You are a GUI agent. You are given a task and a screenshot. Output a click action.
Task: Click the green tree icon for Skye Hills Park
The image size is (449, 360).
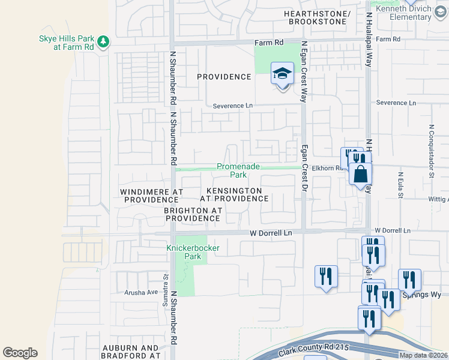pos(104,41)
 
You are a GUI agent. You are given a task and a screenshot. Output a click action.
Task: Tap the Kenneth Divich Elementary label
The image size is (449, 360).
pos(410,13)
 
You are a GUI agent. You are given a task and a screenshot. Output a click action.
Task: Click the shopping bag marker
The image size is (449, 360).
pos(360,175)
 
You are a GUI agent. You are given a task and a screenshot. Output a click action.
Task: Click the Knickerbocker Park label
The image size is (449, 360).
pos(184,252)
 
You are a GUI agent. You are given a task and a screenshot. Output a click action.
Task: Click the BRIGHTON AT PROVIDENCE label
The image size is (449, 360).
pos(193,215)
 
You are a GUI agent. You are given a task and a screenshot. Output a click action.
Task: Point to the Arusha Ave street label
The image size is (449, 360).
pos(140,292)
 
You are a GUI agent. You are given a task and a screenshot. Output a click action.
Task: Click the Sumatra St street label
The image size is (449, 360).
pos(165,287)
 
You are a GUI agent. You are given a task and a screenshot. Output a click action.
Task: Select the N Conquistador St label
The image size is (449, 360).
pos(431,143)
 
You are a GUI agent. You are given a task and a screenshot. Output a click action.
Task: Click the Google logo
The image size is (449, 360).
pos(20,353)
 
